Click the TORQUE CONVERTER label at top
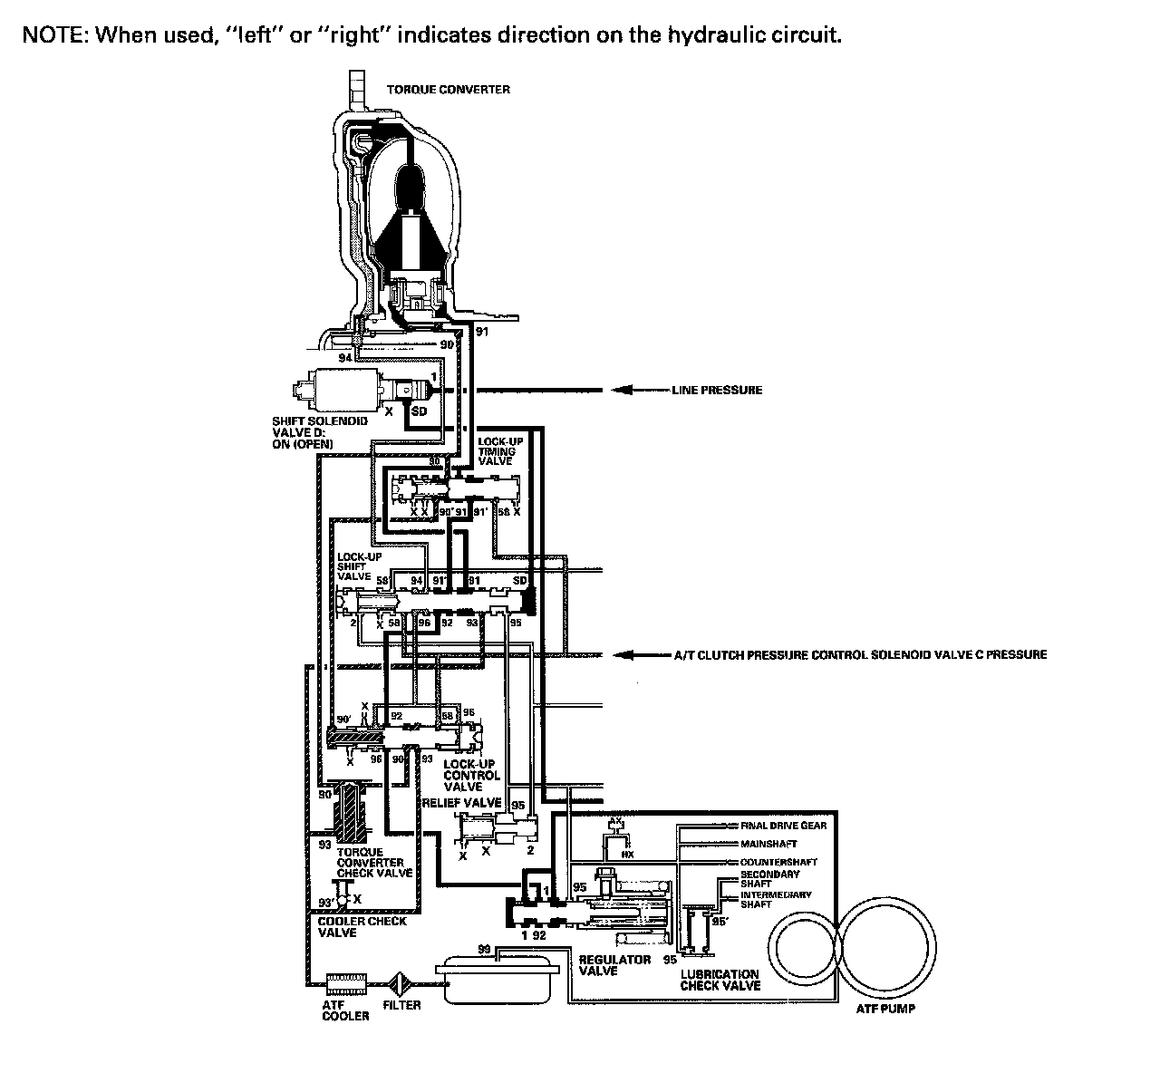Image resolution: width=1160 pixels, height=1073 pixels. click(x=449, y=90)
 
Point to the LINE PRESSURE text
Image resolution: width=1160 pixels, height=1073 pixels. click(x=717, y=391)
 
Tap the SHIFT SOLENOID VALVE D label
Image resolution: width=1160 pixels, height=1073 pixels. click(x=307, y=432)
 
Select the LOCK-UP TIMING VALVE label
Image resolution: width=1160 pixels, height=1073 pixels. click(x=497, y=451)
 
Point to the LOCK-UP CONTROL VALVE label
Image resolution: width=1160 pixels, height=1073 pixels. click(x=471, y=776)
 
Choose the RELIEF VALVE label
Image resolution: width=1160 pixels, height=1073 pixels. click(x=461, y=803)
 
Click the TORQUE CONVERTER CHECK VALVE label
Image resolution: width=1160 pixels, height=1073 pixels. click(x=374, y=863)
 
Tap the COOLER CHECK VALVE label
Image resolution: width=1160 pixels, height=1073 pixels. click(x=362, y=926)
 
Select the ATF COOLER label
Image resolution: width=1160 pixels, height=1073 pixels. click(x=345, y=1010)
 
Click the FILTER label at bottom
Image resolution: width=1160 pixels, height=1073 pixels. click(x=401, y=1006)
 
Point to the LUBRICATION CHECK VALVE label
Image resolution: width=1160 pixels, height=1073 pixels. click(x=720, y=980)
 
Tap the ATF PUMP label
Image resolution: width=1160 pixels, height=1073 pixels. click(x=886, y=1009)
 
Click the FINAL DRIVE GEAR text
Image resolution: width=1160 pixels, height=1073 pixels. click(x=783, y=826)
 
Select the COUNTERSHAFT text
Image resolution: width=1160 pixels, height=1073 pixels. click(x=778, y=862)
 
